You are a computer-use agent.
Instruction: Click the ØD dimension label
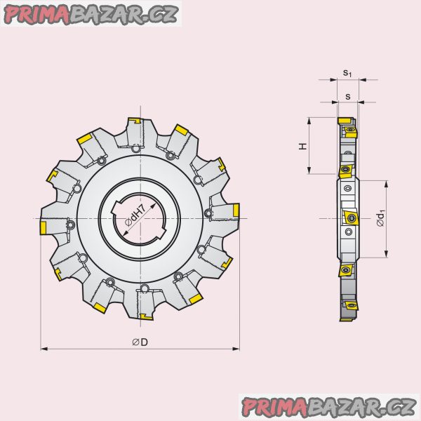pos(140,342)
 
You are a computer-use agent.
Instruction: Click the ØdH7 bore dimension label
pos(135,215)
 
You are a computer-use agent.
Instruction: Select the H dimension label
pos(302,147)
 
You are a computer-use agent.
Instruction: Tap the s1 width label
pos(347,72)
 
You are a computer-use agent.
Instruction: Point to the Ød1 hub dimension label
pos(381,219)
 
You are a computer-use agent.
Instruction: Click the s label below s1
pos(348,96)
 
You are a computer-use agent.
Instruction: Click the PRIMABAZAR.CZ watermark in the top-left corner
pos(91,13)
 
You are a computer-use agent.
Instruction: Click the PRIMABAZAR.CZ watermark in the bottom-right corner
pos(329,407)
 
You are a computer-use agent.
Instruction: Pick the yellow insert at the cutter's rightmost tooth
pos(236,210)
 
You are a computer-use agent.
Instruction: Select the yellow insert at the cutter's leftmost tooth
pos(43,228)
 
